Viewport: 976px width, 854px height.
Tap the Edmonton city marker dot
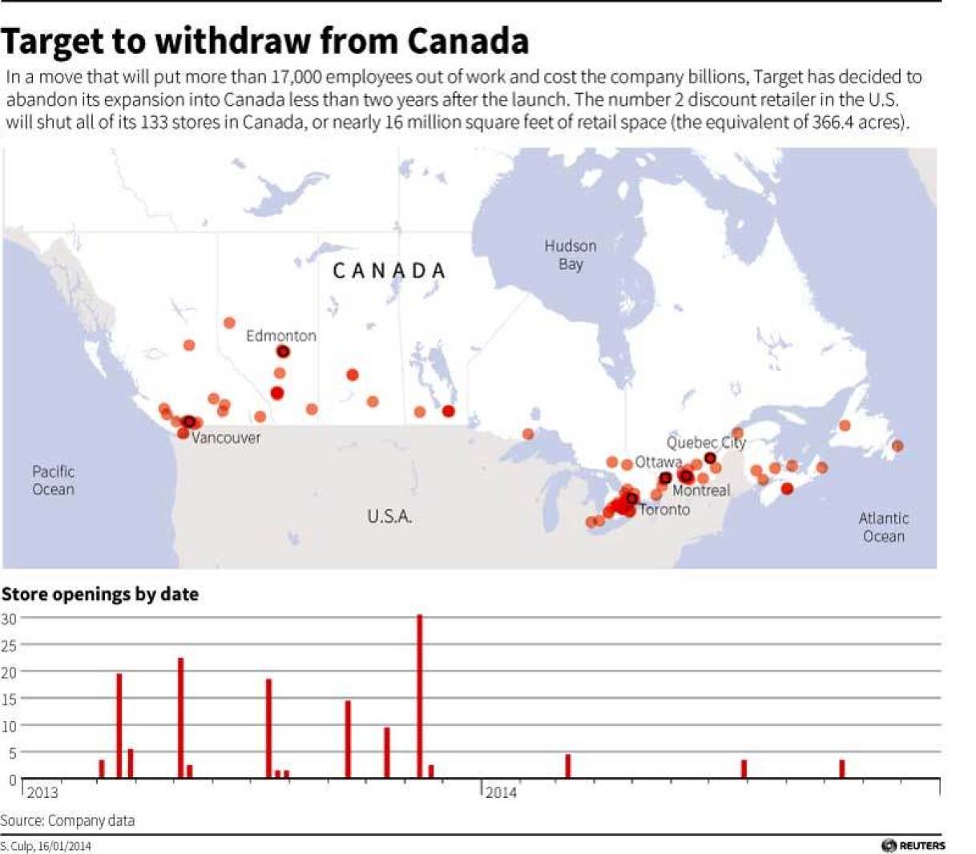coord(283,352)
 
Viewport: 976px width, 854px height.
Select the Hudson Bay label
coord(571,255)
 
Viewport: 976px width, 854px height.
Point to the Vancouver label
coord(226,438)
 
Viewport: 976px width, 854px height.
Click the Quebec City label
coord(705,442)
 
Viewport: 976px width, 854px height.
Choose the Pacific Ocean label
coord(54,480)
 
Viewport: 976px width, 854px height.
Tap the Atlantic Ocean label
coord(884,527)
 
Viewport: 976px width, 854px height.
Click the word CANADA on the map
coord(389,271)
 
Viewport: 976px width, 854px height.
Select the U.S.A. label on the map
coord(389,517)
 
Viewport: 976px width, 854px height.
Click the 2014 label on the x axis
coord(501,792)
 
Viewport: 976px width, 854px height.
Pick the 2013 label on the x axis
coord(42,792)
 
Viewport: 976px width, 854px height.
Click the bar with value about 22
coord(181,717)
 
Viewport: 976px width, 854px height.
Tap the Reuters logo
coord(913,845)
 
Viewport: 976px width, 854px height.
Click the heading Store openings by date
coord(100,594)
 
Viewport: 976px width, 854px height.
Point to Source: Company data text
coord(67,820)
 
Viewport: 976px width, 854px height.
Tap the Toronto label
coord(665,510)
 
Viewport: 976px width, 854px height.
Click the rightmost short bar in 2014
coord(842,769)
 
